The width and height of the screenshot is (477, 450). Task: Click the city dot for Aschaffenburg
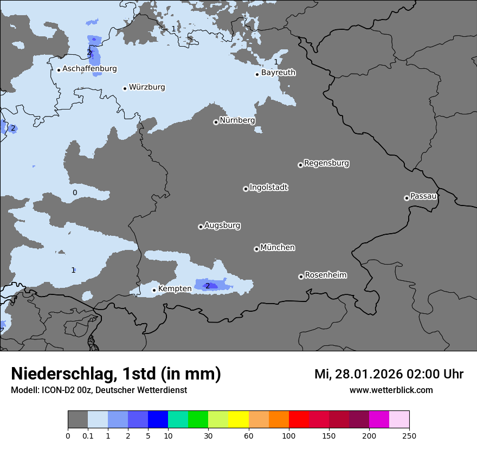59,70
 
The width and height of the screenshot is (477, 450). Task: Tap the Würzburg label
147,87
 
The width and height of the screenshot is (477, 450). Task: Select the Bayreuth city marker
257,74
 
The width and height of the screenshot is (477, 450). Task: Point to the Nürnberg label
237,120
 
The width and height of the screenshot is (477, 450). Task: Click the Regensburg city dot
300,165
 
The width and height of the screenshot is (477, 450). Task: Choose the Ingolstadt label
268,188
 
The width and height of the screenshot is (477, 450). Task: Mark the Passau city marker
407,198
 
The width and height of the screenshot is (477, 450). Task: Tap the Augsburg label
222,226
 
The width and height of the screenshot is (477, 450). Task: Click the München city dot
256,249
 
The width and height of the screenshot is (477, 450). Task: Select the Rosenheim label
325,275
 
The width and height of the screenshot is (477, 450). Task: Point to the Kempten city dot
154,290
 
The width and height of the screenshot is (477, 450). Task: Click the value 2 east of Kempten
207,286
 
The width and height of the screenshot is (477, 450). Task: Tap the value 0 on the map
75,192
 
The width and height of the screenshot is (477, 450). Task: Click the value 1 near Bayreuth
276,62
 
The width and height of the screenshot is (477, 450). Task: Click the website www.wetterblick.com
391,390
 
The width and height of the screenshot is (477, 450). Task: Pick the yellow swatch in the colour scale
238,420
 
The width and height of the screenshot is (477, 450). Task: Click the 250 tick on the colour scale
409,436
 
